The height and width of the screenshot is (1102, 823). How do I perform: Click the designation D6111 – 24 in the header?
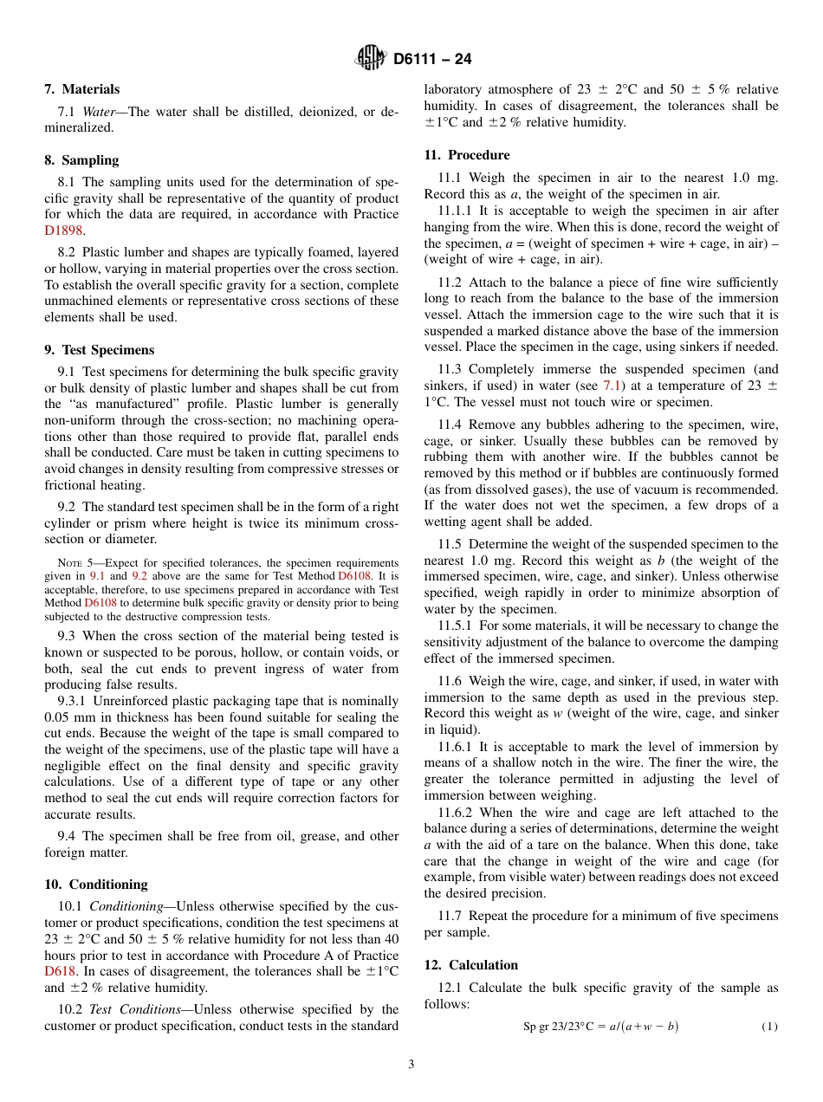(x=432, y=60)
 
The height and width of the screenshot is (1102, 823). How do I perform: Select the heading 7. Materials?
(x=82, y=89)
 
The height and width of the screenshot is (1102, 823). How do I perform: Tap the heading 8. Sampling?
(x=81, y=160)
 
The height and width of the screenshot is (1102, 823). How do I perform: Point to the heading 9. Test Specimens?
(x=99, y=350)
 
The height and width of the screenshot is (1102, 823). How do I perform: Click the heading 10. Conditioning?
(x=95, y=885)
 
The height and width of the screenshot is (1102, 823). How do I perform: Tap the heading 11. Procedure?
(x=466, y=155)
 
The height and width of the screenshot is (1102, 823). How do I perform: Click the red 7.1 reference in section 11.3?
(x=612, y=386)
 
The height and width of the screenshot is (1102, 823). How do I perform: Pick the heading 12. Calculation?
(x=470, y=965)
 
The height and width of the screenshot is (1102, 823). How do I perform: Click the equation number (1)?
(x=769, y=1027)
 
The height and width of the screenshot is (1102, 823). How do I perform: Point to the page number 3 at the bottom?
(x=411, y=1065)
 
